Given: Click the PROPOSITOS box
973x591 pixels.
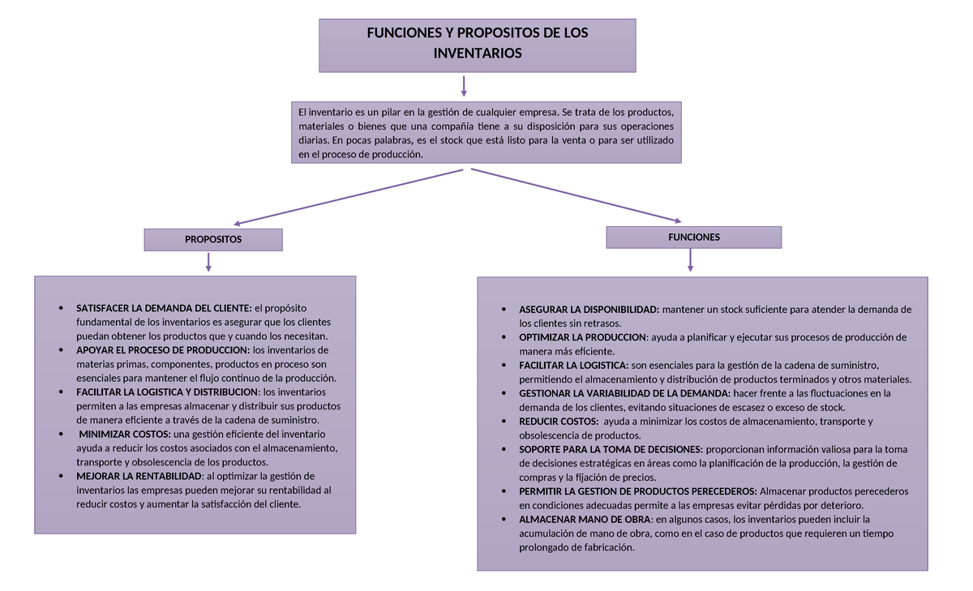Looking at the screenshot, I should pos(213,240).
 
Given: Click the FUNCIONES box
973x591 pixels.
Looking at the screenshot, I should pos(694,238).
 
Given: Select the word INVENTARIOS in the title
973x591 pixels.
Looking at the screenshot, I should pos(478,54).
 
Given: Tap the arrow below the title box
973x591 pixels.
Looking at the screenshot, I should pos(464,86).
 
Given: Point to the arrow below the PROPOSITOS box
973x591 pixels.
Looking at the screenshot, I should pos(209,262).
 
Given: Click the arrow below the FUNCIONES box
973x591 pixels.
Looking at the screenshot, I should pos(690,259).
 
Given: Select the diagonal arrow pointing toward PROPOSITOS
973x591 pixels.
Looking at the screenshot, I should pos(349,196).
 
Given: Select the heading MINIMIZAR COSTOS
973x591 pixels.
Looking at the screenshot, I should pos(125,434).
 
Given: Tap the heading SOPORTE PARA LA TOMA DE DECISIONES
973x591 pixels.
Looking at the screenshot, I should pos(611,449).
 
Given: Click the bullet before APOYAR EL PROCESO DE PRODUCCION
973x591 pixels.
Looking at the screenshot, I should pos(62,350).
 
